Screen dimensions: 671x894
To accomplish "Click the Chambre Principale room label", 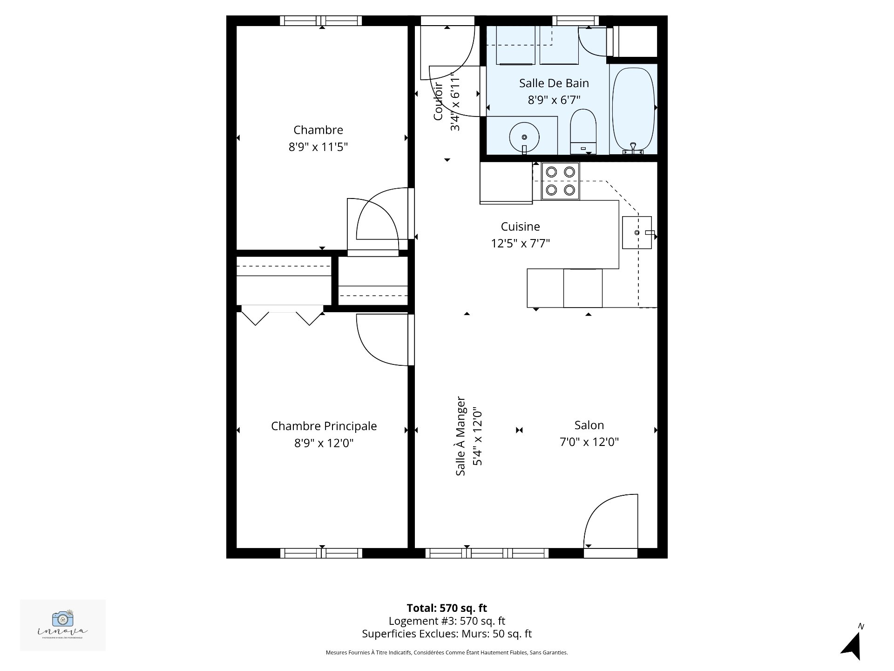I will [324, 426].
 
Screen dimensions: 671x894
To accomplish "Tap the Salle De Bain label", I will [554, 83].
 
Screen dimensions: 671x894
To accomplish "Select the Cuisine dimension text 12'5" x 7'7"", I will [520, 243].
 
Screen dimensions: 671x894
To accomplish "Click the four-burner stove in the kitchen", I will [560, 181].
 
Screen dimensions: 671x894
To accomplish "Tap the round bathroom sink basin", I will [524, 137].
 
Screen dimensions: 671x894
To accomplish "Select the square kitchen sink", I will [637, 232].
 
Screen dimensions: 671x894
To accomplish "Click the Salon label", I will [589, 425].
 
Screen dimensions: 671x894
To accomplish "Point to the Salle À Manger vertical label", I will [461, 436].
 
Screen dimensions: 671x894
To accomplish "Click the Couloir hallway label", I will [438, 102].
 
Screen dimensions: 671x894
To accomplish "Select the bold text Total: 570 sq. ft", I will [447, 608].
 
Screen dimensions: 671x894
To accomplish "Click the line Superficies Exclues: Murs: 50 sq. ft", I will [447, 634].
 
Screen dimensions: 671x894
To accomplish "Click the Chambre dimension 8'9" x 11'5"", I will [318, 147].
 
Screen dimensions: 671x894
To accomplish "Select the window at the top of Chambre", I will [321, 21].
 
